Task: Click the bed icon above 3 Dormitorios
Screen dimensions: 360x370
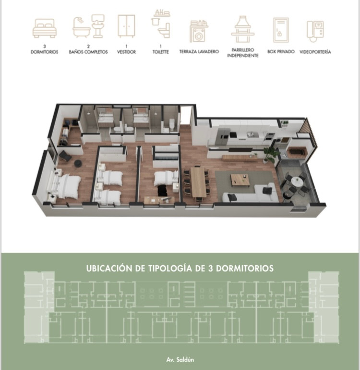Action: click(x=45, y=28)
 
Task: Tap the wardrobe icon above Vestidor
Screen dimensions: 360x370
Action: click(x=126, y=26)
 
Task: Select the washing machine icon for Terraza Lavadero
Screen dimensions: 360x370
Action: click(x=199, y=31)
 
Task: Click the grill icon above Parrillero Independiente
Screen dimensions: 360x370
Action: click(x=242, y=29)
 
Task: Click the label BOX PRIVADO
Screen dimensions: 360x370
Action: click(x=281, y=51)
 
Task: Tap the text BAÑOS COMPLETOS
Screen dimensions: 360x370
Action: click(x=88, y=52)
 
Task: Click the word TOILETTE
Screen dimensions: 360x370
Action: click(x=160, y=52)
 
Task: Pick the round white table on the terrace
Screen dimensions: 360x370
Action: click(x=297, y=181)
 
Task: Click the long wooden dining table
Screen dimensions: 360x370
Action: click(x=198, y=182)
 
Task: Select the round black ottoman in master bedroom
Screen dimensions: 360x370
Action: click(x=78, y=163)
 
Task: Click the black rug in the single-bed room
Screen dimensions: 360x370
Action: click(x=162, y=190)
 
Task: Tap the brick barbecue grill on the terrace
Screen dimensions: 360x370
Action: click(x=297, y=153)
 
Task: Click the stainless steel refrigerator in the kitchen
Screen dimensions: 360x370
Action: click(x=222, y=137)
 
